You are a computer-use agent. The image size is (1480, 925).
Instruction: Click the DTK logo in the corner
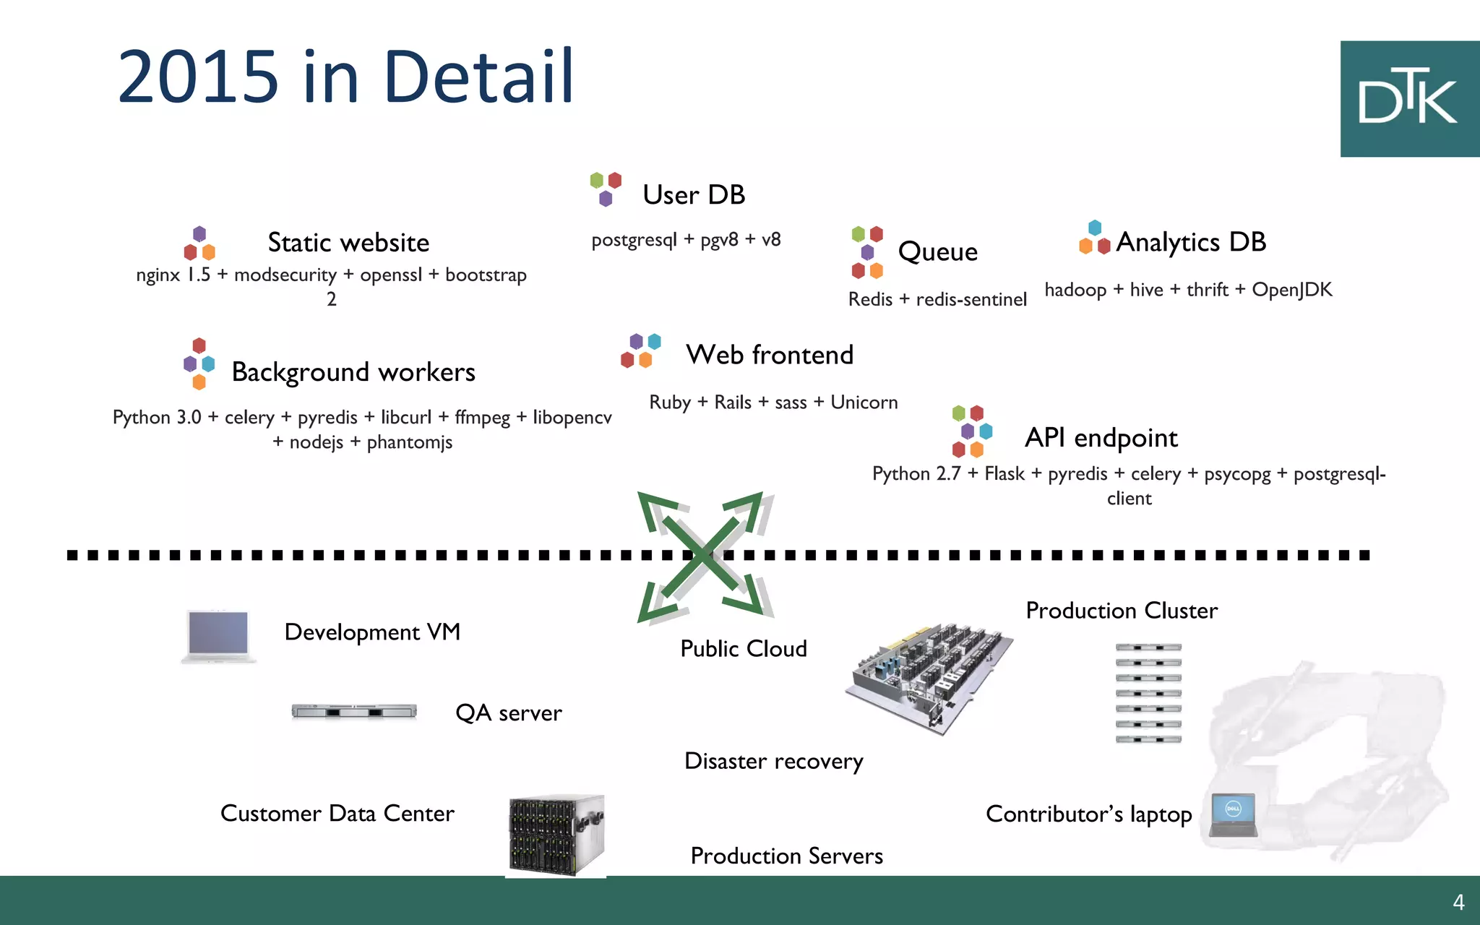coord(1409,98)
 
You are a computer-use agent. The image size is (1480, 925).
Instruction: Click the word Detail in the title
coord(478,77)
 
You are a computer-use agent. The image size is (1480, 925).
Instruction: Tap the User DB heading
coord(694,195)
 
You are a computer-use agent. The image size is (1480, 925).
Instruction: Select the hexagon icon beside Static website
coord(199,244)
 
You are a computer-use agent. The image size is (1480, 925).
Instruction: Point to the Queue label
coord(937,251)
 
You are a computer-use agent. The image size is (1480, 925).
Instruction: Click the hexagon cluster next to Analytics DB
coord(1094,238)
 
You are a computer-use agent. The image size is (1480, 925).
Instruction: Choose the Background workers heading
coord(353,372)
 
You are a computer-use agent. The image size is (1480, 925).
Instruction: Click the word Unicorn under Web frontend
coord(864,403)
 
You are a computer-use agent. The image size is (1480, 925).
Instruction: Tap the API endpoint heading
coord(1101,438)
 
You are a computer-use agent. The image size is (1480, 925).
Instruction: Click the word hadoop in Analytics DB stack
coord(1075,290)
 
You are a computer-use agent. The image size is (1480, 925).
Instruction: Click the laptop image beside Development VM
coord(218,636)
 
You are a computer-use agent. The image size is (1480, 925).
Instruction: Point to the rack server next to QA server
coord(354,712)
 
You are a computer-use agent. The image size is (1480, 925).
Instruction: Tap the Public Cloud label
coord(744,649)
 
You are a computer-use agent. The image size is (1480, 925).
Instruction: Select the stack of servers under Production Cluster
coord(1148,693)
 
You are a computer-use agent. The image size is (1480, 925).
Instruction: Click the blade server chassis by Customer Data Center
coord(556,835)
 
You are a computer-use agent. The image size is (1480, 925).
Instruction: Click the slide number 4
coord(1458,903)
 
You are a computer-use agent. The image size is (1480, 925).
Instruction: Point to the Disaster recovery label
coord(773,762)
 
